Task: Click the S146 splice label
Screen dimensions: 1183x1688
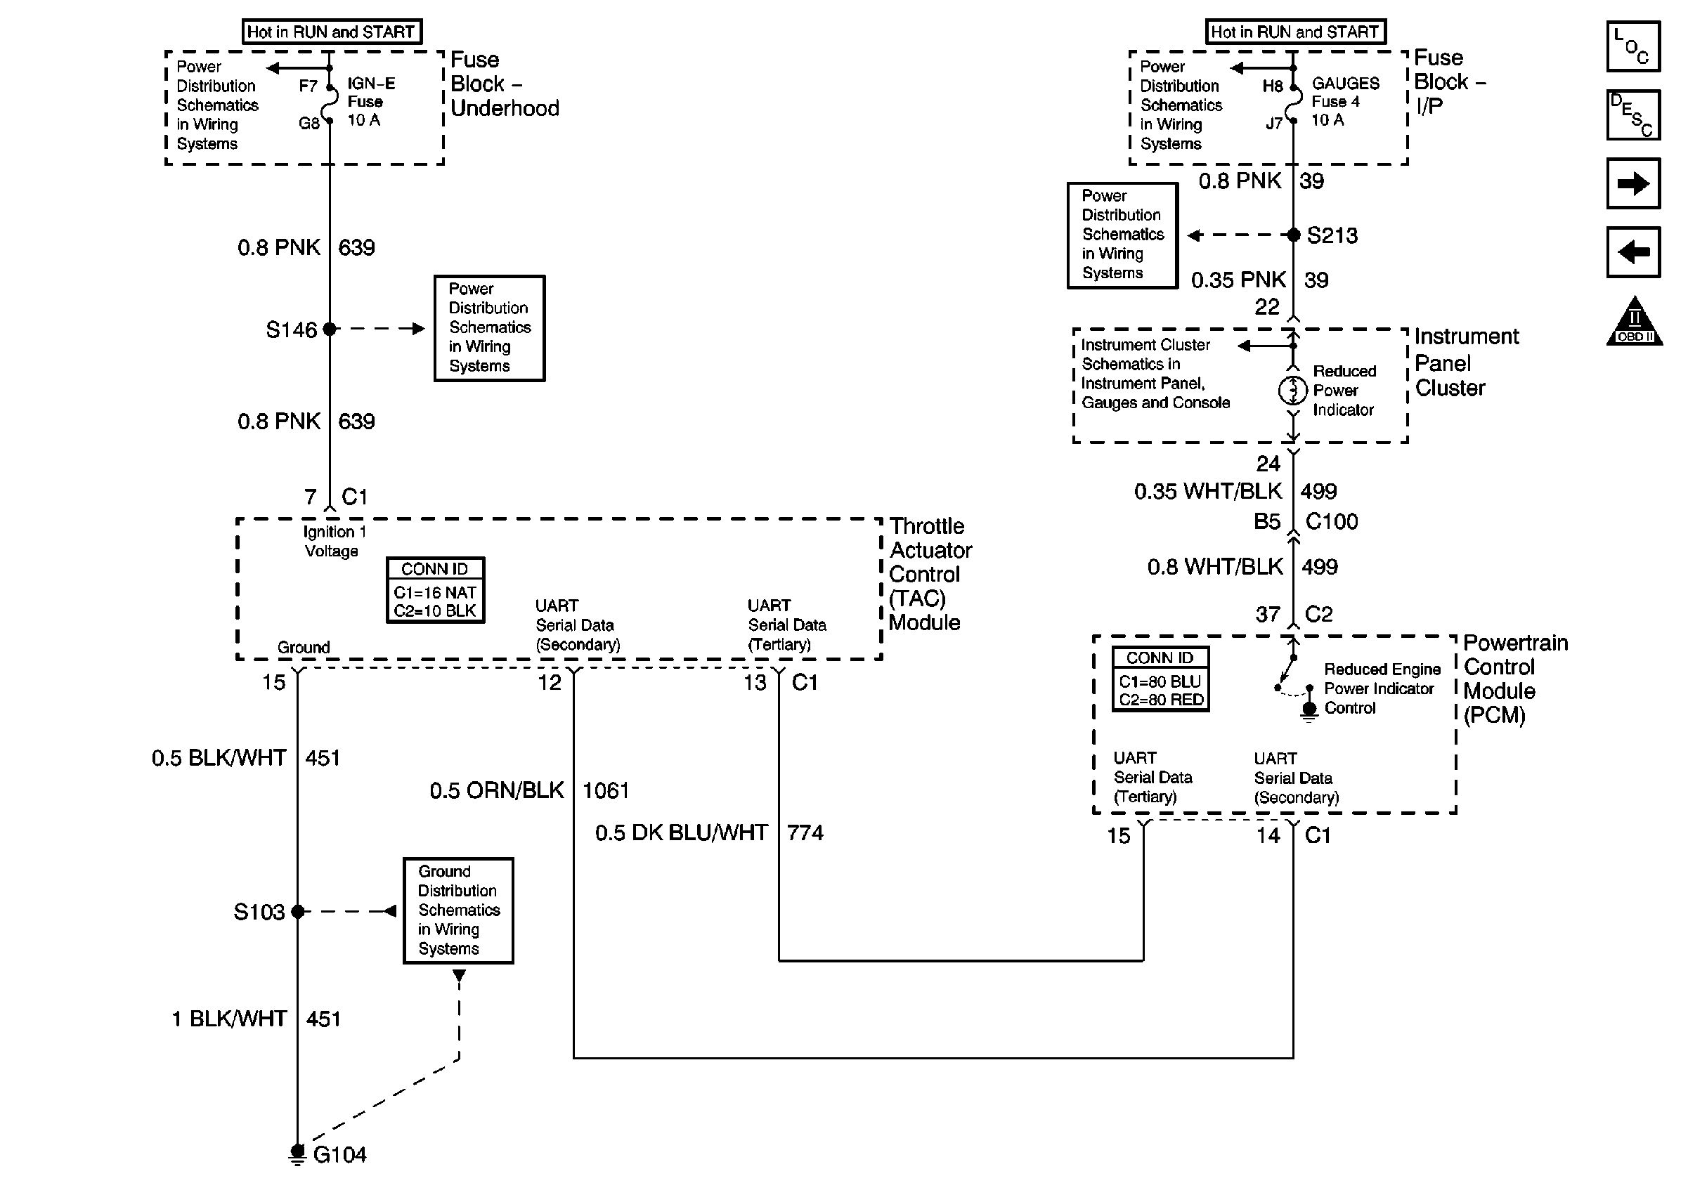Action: tap(291, 330)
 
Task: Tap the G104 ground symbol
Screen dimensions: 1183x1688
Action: tap(297, 1153)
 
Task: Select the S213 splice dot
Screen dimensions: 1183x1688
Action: tap(1294, 235)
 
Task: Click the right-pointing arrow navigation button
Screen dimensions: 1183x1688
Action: tap(1633, 183)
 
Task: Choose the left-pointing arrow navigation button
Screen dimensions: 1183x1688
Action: tap(1633, 252)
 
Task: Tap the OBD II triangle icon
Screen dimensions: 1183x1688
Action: tap(1634, 322)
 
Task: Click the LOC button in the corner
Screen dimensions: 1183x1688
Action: tap(1633, 46)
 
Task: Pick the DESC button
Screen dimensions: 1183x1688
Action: tap(1633, 115)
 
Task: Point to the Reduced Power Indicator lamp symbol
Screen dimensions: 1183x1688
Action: tap(1292, 390)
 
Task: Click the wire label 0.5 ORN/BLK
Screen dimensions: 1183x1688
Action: tap(497, 790)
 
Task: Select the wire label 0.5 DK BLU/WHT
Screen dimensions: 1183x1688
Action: tap(682, 833)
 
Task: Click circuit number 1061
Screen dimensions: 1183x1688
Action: tap(606, 790)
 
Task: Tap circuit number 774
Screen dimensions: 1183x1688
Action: tap(805, 833)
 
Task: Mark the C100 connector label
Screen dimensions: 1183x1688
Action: tap(1332, 522)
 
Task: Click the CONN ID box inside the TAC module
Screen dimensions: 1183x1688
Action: tap(435, 591)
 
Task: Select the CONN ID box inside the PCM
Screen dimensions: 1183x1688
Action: tap(1160, 679)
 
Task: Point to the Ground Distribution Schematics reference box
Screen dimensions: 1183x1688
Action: tap(459, 910)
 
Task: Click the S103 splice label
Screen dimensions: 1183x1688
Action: tap(259, 912)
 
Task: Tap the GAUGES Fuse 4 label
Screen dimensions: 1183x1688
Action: tap(1344, 101)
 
